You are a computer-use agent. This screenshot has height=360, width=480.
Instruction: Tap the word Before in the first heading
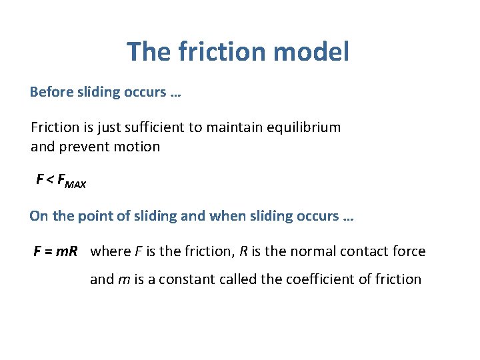click(x=51, y=92)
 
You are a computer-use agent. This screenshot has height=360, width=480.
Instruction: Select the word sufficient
click(x=154, y=127)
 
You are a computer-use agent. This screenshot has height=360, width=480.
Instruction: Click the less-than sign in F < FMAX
click(x=50, y=180)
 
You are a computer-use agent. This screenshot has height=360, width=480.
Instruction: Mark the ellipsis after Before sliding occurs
click(x=175, y=93)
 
